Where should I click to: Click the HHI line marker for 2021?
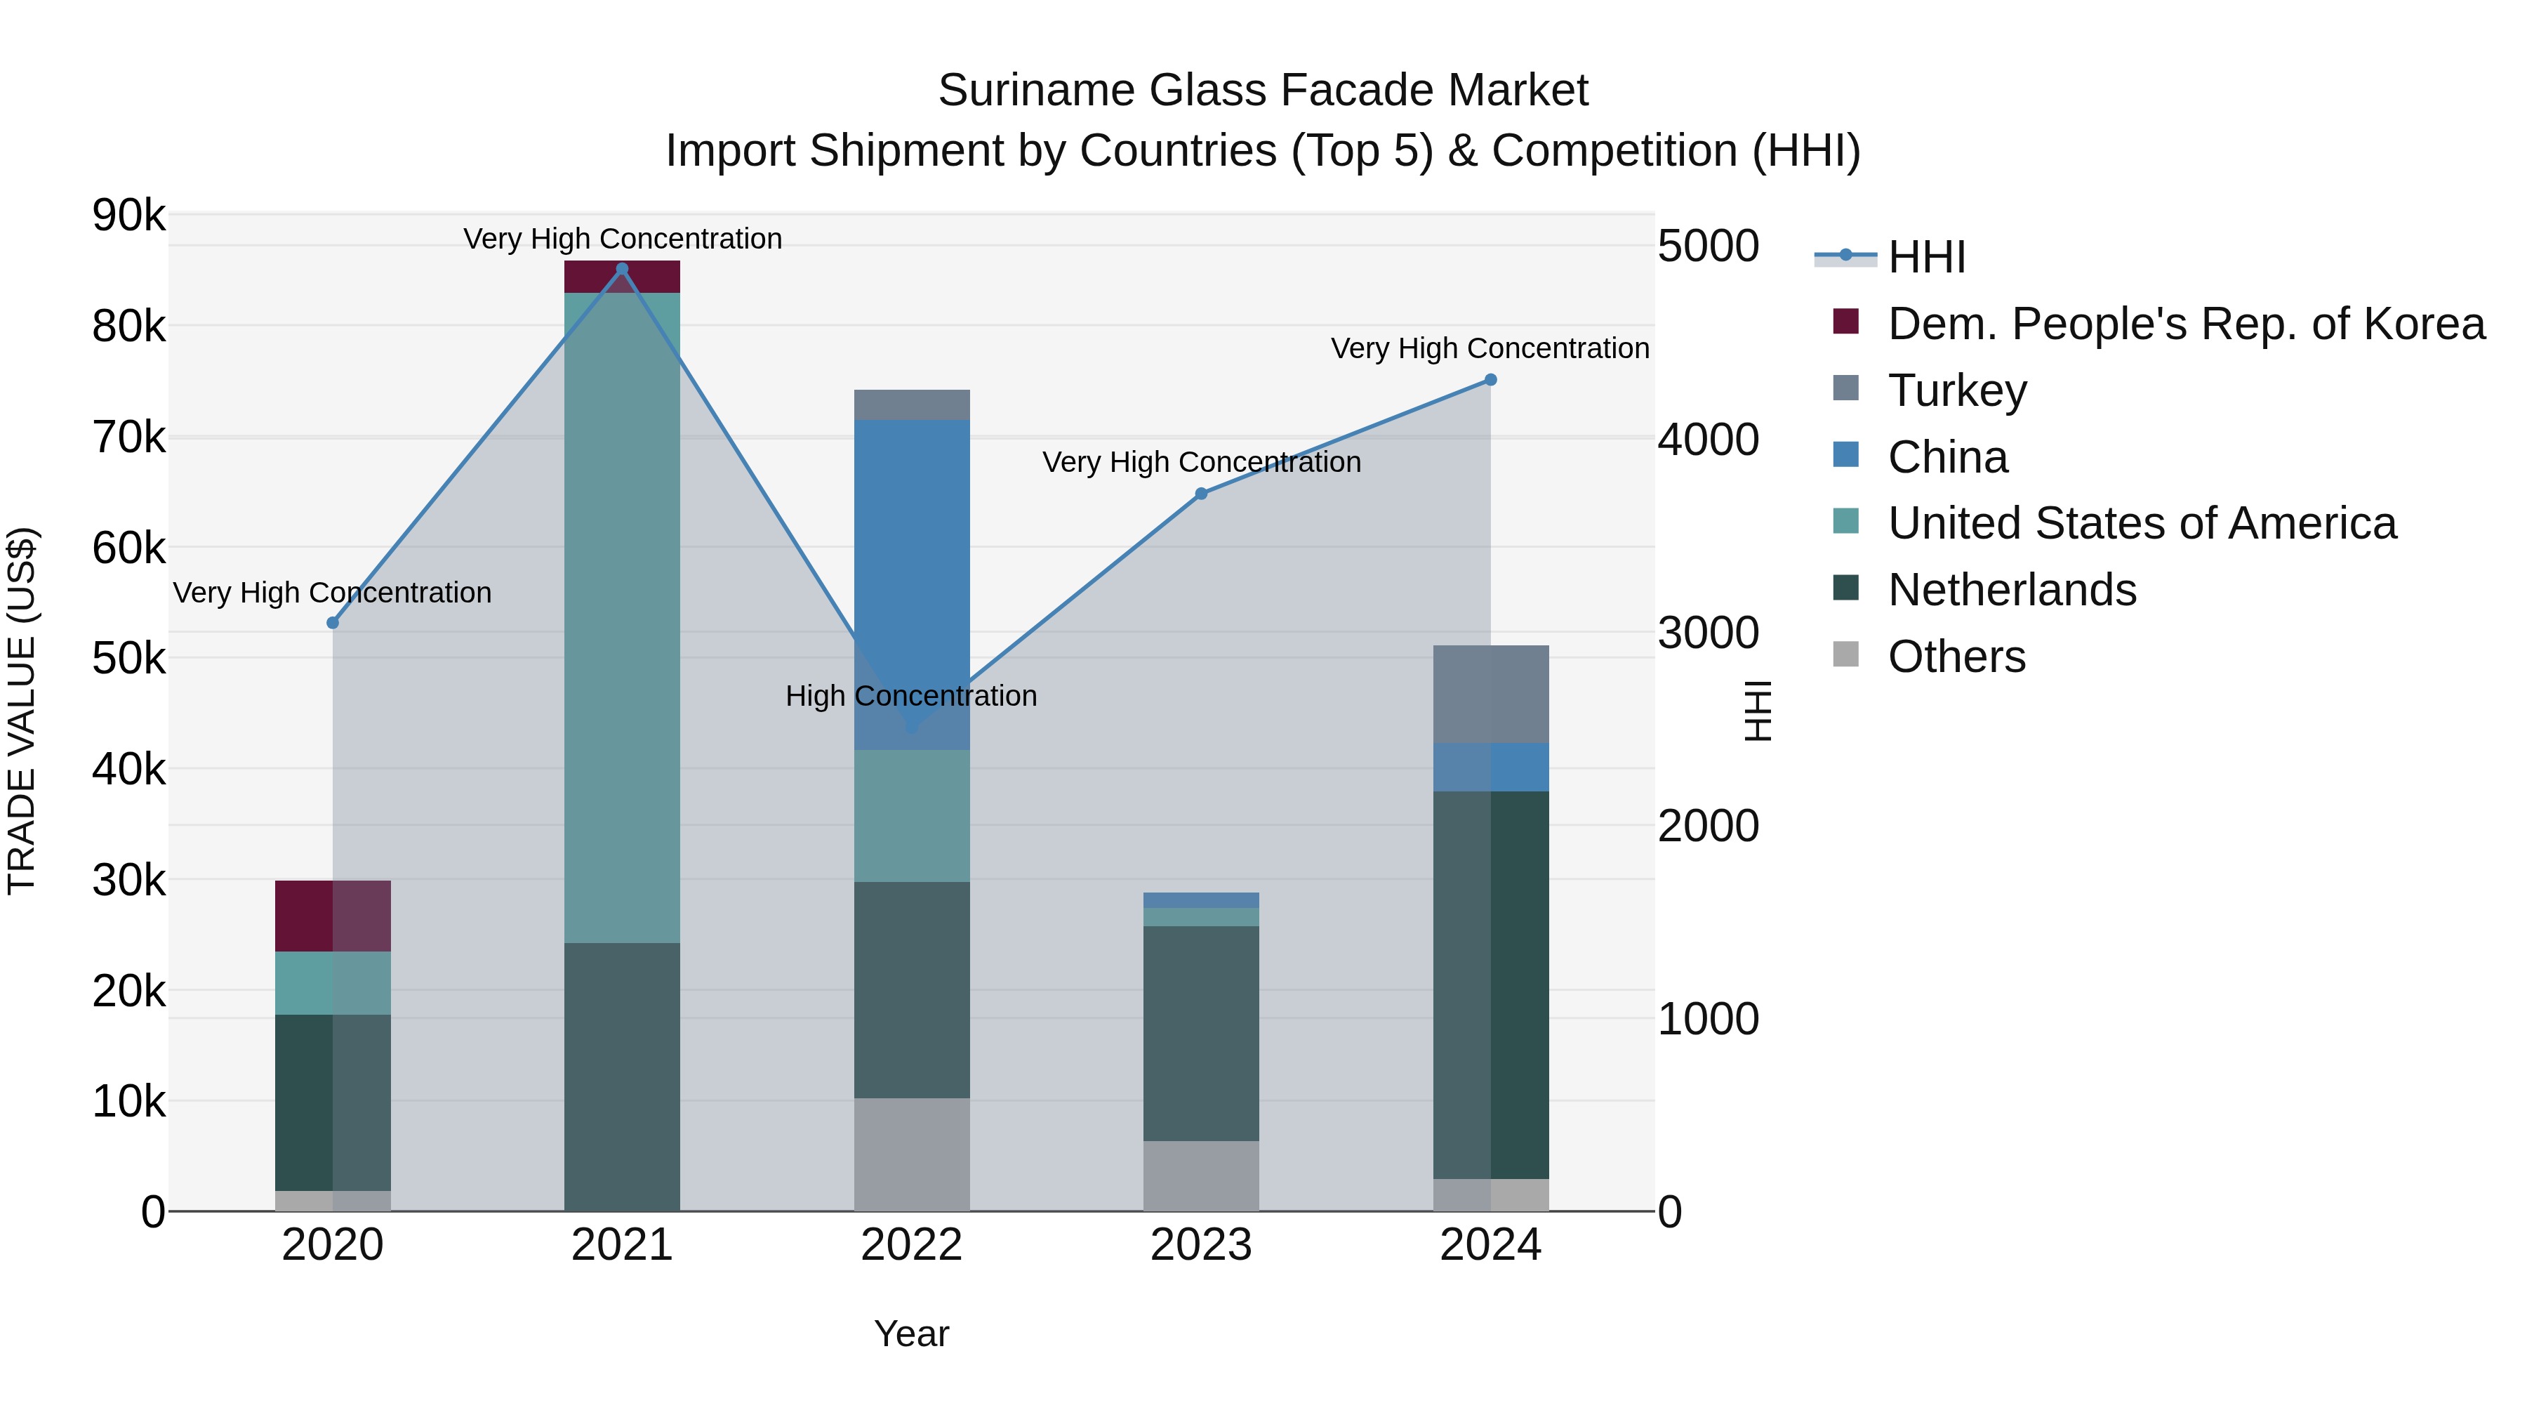(x=621, y=269)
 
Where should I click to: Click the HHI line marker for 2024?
(x=1490, y=380)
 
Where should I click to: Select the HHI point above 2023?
(x=1201, y=494)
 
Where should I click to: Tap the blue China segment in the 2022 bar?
(x=911, y=550)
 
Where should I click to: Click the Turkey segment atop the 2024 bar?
(x=1490, y=694)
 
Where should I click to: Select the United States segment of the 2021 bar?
(x=621, y=617)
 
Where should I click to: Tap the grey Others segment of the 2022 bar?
(x=911, y=1154)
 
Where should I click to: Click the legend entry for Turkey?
(x=1956, y=390)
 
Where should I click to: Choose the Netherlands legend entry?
(x=2011, y=590)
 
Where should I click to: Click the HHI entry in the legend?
(x=1925, y=257)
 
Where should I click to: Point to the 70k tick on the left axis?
(x=128, y=437)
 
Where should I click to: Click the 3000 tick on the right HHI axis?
(x=1708, y=633)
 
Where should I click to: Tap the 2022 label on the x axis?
(x=911, y=1245)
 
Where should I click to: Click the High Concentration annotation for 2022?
(x=911, y=696)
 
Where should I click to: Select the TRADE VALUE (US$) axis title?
(x=22, y=711)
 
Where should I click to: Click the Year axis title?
(x=911, y=1334)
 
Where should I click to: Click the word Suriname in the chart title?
(x=1036, y=91)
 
